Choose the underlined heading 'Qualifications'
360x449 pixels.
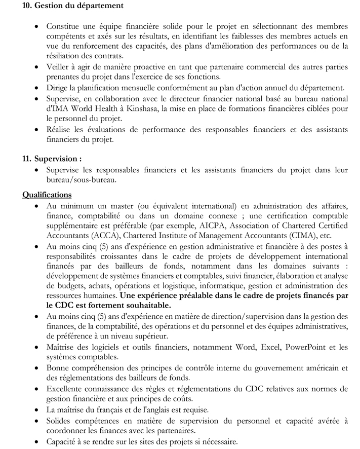pyautogui.click(x=47, y=195)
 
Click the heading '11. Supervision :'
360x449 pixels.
pyautogui.click(x=52, y=159)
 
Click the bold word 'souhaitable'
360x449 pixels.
pyautogui.click(x=144, y=305)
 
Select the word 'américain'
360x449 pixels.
pyautogui.click(x=324, y=367)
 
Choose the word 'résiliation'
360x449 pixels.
pyautogui.click(x=68, y=56)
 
